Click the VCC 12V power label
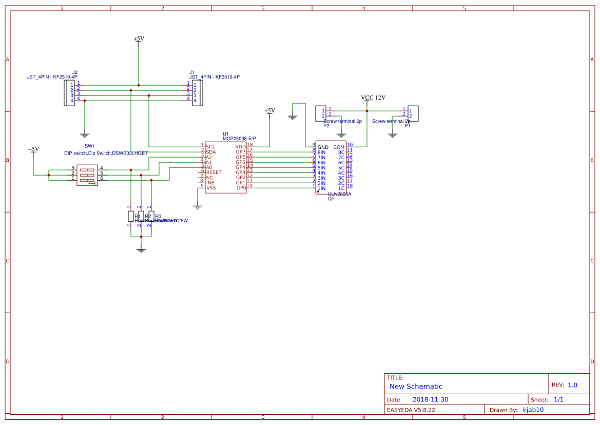tap(373, 98)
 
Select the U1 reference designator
tap(225, 133)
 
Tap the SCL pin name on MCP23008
tap(210, 147)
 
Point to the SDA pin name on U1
tap(211, 152)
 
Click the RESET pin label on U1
tap(214, 172)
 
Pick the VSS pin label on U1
tap(211, 188)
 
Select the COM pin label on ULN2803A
tap(339, 147)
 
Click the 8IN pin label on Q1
tap(322, 152)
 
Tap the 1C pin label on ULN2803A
tap(341, 188)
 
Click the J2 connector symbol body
tap(69, 93)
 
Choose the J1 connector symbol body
tap(196, 93)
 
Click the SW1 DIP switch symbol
tap(87, 175)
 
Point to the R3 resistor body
tap(151, 216)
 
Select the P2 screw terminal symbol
tap(321, 113)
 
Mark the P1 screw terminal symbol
tap(413, 113)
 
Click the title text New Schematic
tap(416, 387)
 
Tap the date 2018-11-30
tap(431, 399)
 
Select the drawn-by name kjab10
tap(533, 410)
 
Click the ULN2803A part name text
tap(339, 195)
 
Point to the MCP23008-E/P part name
tap(239, 139)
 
